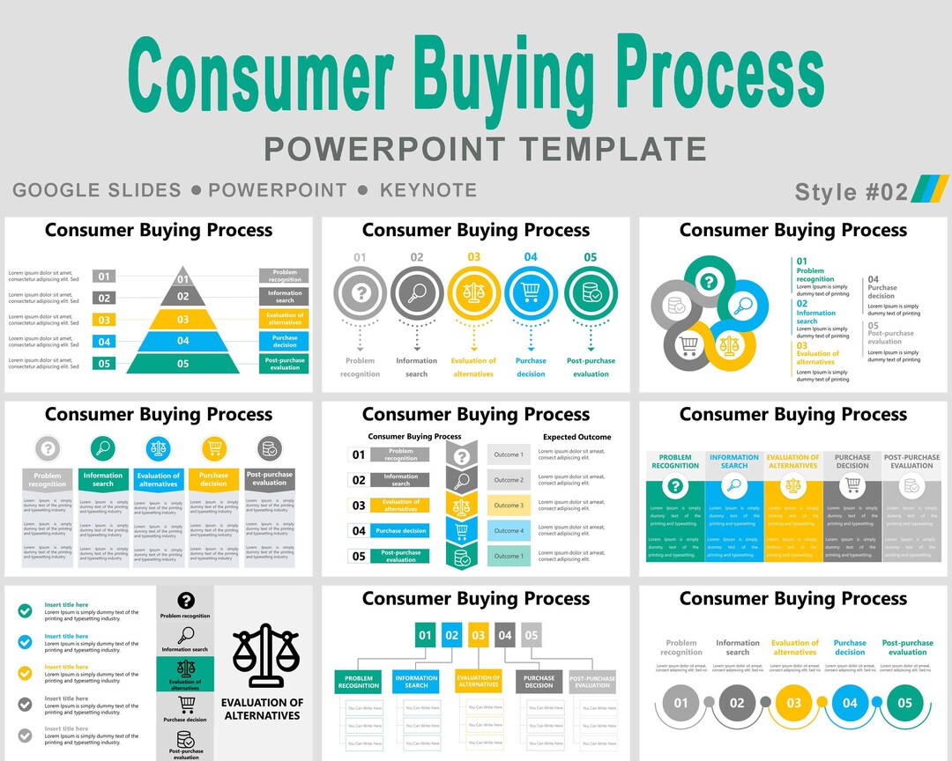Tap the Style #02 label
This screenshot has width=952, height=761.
point(851,191)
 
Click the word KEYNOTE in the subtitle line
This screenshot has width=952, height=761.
point(428,190)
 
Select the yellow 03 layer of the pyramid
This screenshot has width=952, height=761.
point(182,320)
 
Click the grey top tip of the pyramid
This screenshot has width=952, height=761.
point(182,276)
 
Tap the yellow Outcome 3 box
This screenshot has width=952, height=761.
point(509,506)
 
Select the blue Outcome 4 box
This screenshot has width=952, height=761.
point(509,530)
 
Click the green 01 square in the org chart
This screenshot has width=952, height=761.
point(426,634)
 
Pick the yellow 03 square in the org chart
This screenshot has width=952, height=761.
point(479,634)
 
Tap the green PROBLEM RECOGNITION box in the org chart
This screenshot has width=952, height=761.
point(359,682)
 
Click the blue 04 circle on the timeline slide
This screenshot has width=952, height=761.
point(850,703)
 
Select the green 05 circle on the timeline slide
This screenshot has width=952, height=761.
point(905,703)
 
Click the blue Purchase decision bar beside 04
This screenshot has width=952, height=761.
point(400,531)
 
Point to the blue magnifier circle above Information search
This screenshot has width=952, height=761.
point(103,449)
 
